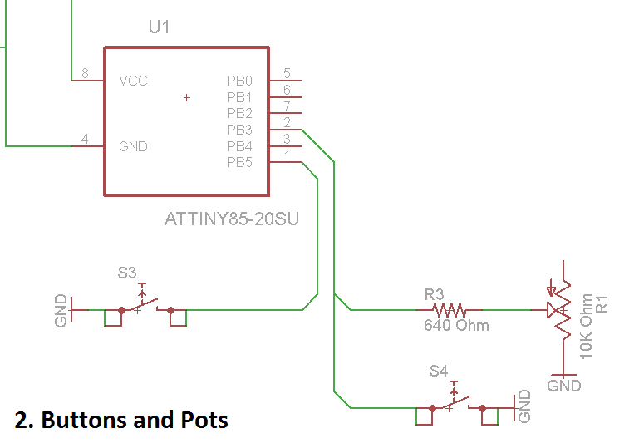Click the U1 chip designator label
point(159,27)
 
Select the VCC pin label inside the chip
point(133,81)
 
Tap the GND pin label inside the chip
point(133,146)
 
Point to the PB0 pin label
point(239,81)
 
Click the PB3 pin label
point(239,130)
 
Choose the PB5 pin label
point(239,162)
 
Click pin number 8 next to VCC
point(85,74)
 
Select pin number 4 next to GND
point(85,140)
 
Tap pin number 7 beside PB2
point(287,106)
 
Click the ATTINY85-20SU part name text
point(232,220)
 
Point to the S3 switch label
point(127,273)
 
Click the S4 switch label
point(439,371)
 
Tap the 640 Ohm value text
point(456,325)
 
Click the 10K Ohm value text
point(587,326)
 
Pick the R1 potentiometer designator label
point(603,303)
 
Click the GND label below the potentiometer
point(564,386)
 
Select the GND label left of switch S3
point(60,310)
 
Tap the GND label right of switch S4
point(523,406)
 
